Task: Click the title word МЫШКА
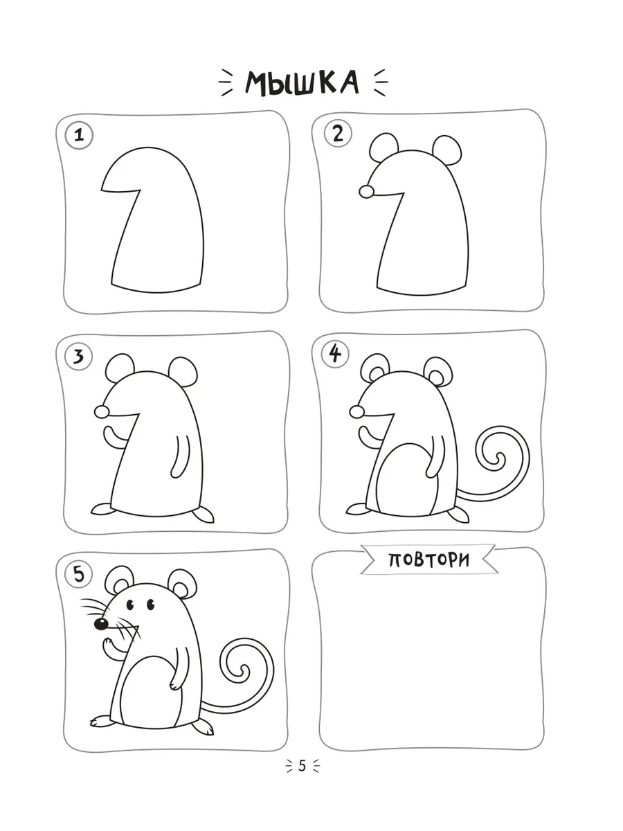coord(302,82)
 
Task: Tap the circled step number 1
coord(79,135)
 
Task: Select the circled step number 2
coord(338,134)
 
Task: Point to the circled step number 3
coord(79,356)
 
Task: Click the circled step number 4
coord(335,355)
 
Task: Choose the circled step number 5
coord(79,574)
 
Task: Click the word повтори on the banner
coord(429,560)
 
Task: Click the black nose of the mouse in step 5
coord(101,624)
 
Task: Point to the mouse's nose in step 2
coord(366,192)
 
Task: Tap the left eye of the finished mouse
coord(131,605)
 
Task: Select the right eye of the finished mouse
coord(150,605)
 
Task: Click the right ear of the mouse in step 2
coord(447,150)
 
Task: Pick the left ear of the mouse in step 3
coord(120,368)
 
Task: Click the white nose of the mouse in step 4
coord(356,411)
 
